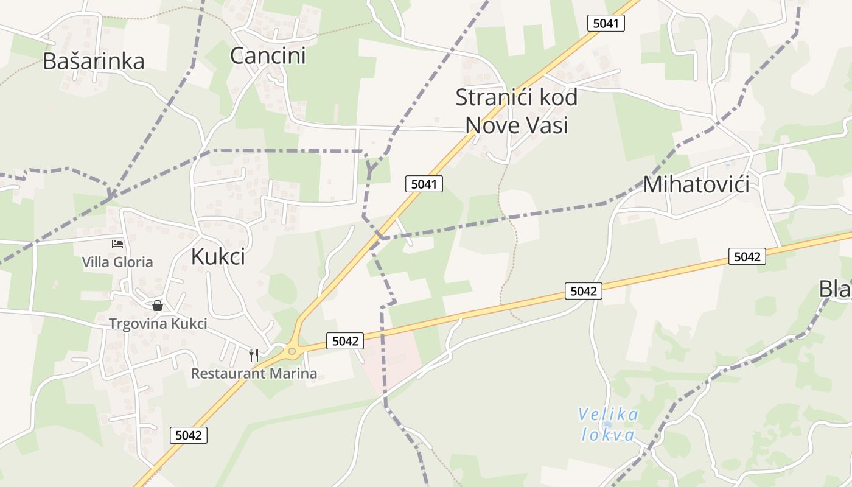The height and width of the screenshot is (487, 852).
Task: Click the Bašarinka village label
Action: tap(93, 61)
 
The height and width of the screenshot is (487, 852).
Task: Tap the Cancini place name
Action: tap(268, 56)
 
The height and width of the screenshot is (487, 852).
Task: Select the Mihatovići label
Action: tap(696, 184)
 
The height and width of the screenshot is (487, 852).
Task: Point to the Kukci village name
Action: tap(218, 257)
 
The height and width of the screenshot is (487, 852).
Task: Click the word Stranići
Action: tap(489, 97)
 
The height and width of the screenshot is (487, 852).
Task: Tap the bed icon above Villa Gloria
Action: tap(117, 244)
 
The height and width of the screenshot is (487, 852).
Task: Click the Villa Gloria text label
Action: tap(117, 262)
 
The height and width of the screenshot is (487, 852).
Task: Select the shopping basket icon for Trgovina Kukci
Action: tap(158, 306)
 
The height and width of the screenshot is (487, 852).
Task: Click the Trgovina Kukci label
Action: tap(158, 324)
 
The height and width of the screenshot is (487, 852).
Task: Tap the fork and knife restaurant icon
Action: tap(254, 355)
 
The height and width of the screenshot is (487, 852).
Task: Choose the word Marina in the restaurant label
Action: tap(294, 373)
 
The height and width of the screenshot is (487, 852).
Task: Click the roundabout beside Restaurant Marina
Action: tap(292, 351)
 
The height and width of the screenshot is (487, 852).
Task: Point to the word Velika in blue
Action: tap(608, 415)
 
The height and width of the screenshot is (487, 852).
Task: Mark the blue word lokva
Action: tap(608, 435)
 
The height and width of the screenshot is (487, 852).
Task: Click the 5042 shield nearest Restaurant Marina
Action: tap(346, 341)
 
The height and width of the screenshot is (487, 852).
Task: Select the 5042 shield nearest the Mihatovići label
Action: tap(747, 257)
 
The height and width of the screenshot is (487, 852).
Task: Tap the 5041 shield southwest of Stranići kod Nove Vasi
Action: tap(424, 184)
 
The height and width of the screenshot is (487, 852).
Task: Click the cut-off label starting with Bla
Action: tap(835, 289)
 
